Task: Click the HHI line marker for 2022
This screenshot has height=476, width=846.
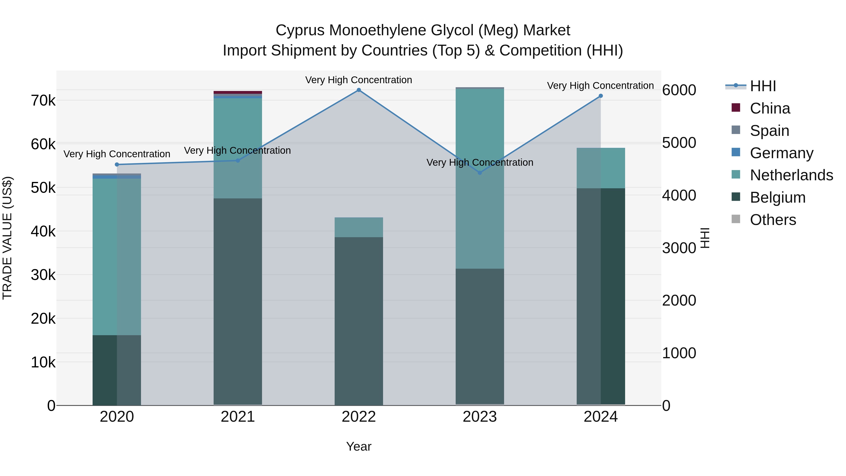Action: tap(359, 90)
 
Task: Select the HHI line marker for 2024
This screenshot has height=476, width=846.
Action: tap(601, 96)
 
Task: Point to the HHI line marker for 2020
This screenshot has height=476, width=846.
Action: tap(117, 165)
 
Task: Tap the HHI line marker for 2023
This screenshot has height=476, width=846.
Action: tap(480, 173)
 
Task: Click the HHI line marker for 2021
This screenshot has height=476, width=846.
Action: tap(238, 161)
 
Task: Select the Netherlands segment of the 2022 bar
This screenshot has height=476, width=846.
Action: tap(359, 227)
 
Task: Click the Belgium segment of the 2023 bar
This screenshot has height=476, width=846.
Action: tap(480, 336)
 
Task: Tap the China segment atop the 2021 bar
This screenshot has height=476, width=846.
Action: tap(238, 93)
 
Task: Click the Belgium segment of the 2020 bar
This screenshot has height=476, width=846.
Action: tap(117, 370)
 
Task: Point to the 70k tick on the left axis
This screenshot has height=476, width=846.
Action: tap(43, 101)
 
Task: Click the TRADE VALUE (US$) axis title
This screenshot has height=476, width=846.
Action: tap(8, 238)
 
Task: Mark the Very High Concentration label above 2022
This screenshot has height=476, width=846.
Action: tap(359, 80)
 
